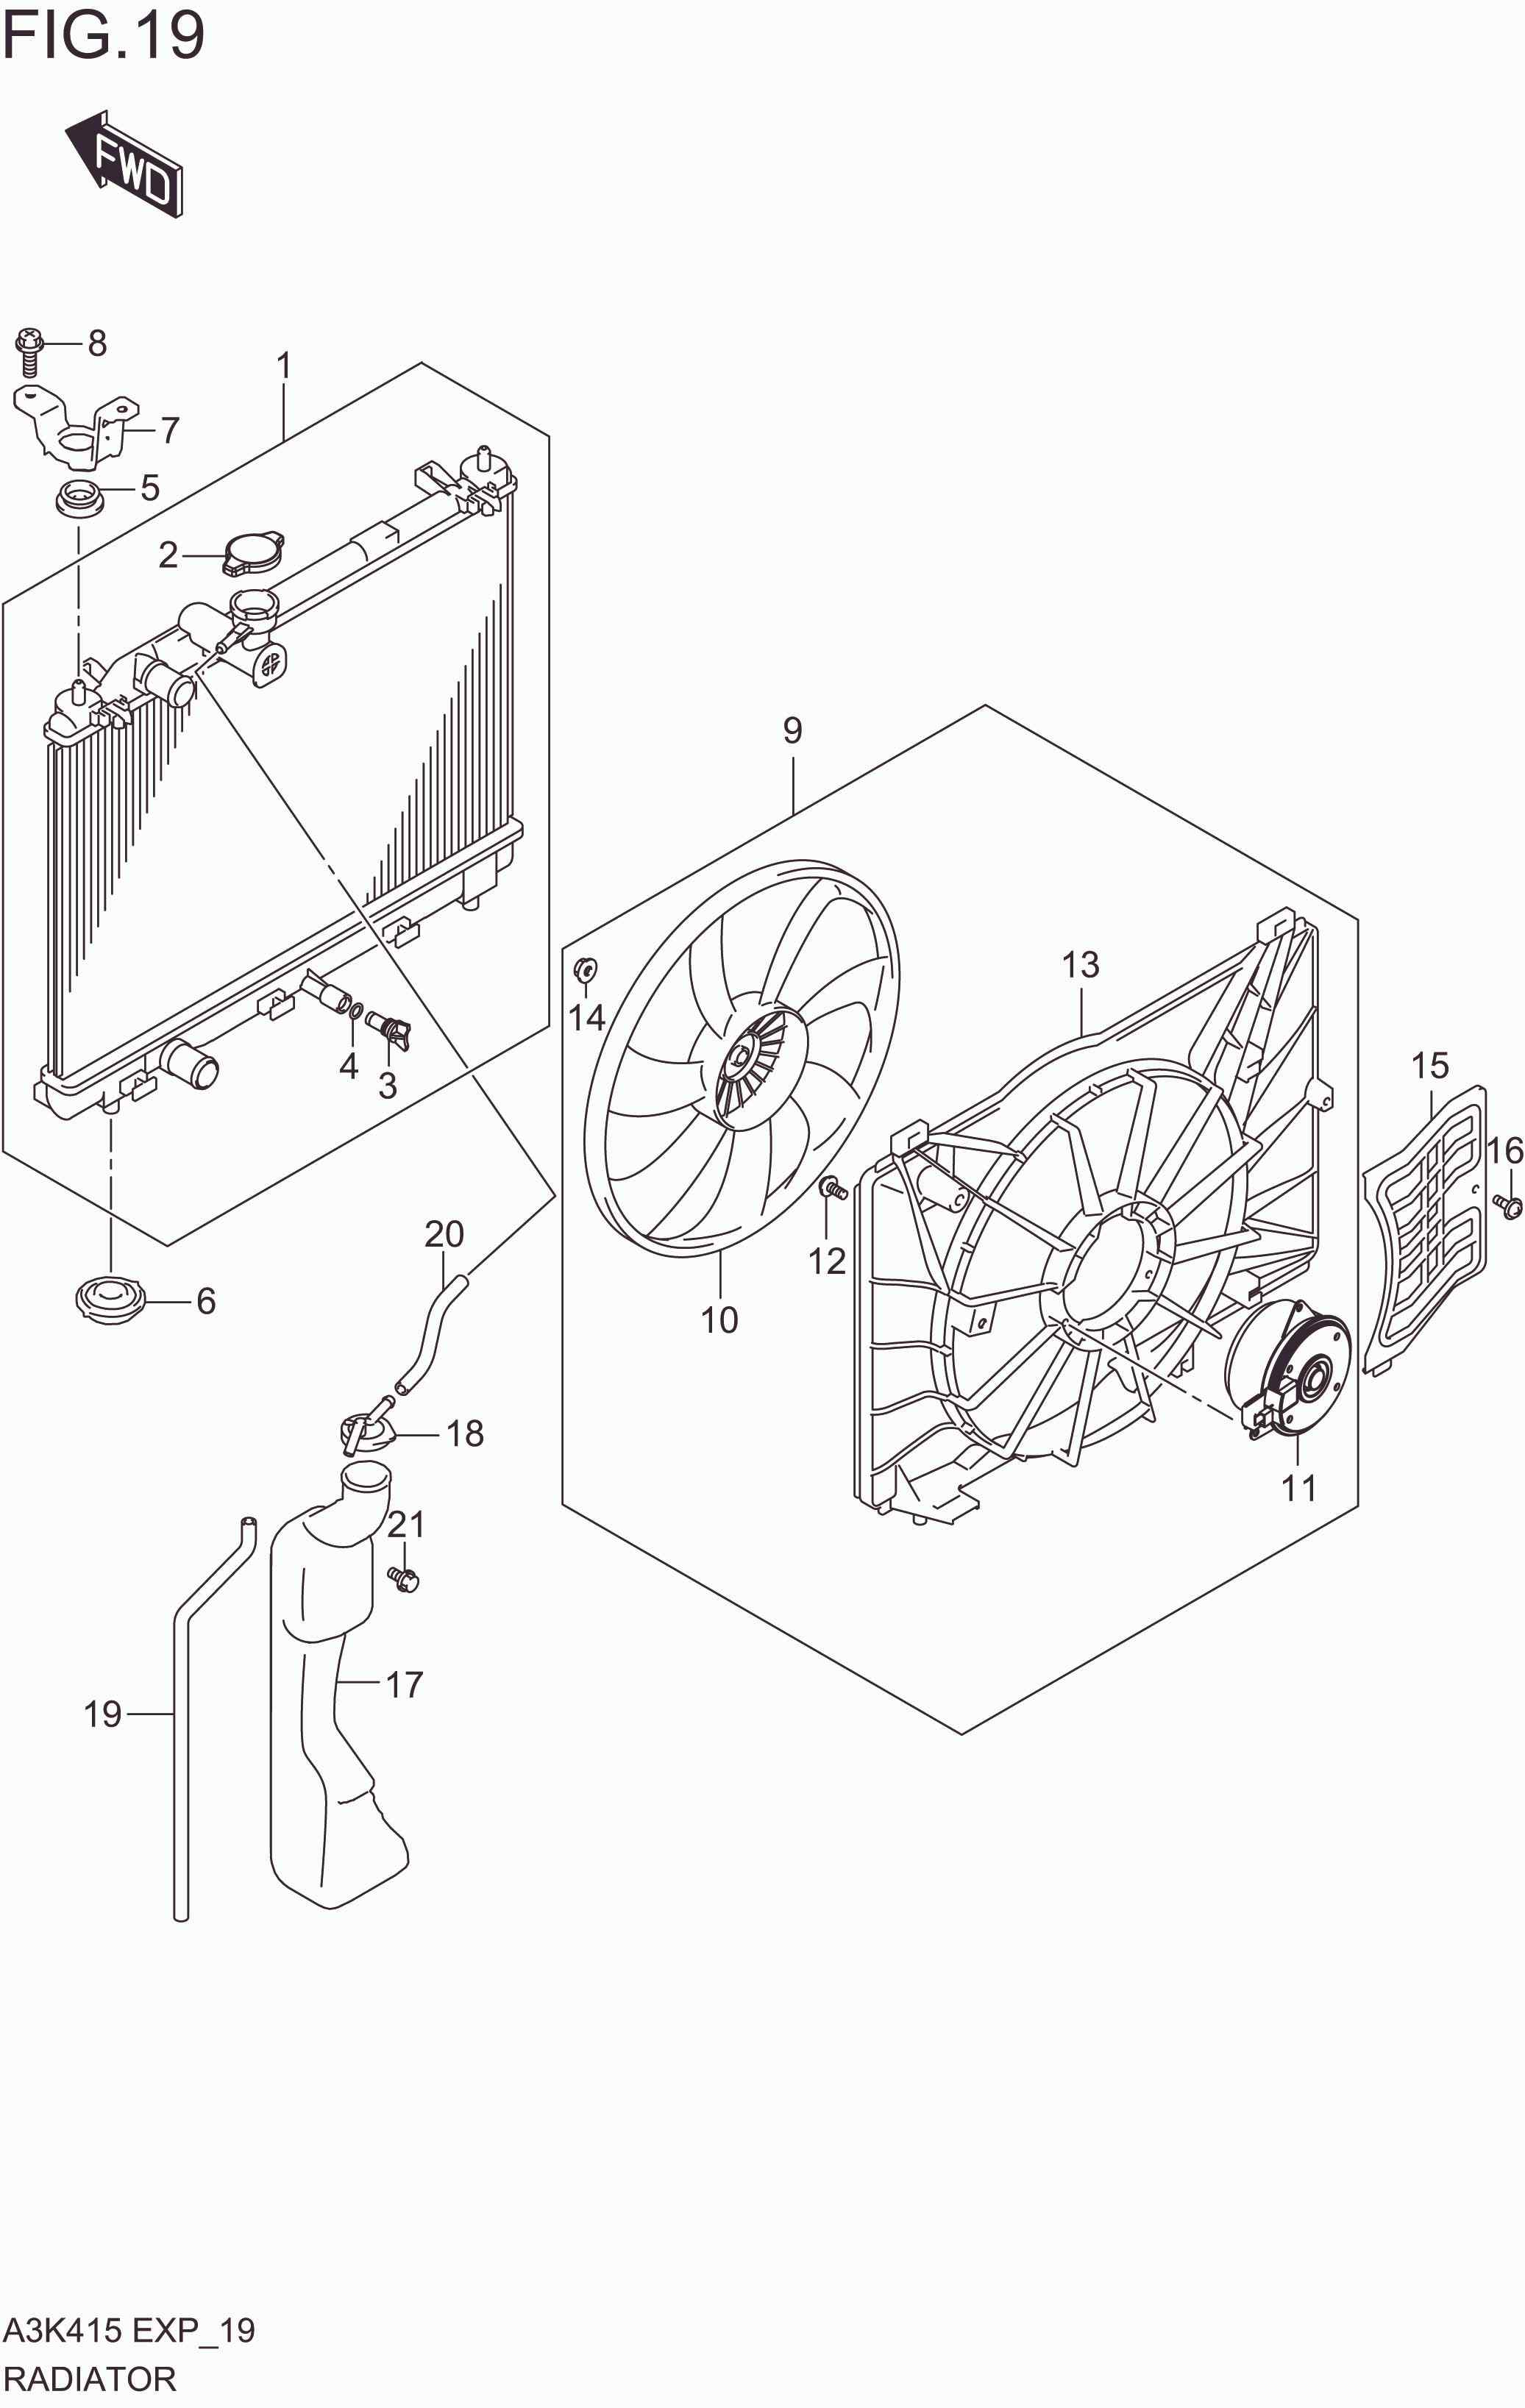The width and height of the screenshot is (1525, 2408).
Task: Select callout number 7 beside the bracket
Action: pos(170,430)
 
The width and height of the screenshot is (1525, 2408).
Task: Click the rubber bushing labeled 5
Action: pos(79,497)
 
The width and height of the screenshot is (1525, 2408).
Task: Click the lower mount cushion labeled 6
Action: pos(110,1301)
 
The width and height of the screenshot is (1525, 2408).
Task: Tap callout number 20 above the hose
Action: pos(444,1234)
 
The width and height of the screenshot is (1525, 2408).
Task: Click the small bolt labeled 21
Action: pos(404,1579)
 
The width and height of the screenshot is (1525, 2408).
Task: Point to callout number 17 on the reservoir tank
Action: pos(404,1684)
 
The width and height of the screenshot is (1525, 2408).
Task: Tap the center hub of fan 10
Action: pos(742,1057)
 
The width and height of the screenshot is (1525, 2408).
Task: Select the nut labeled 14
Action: pos(586,968)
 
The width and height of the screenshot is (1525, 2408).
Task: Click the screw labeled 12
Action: pos(832,1189)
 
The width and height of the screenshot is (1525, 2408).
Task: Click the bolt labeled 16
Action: pos(1509,1207)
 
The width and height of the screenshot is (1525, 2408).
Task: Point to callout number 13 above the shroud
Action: pos(1080,965)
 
